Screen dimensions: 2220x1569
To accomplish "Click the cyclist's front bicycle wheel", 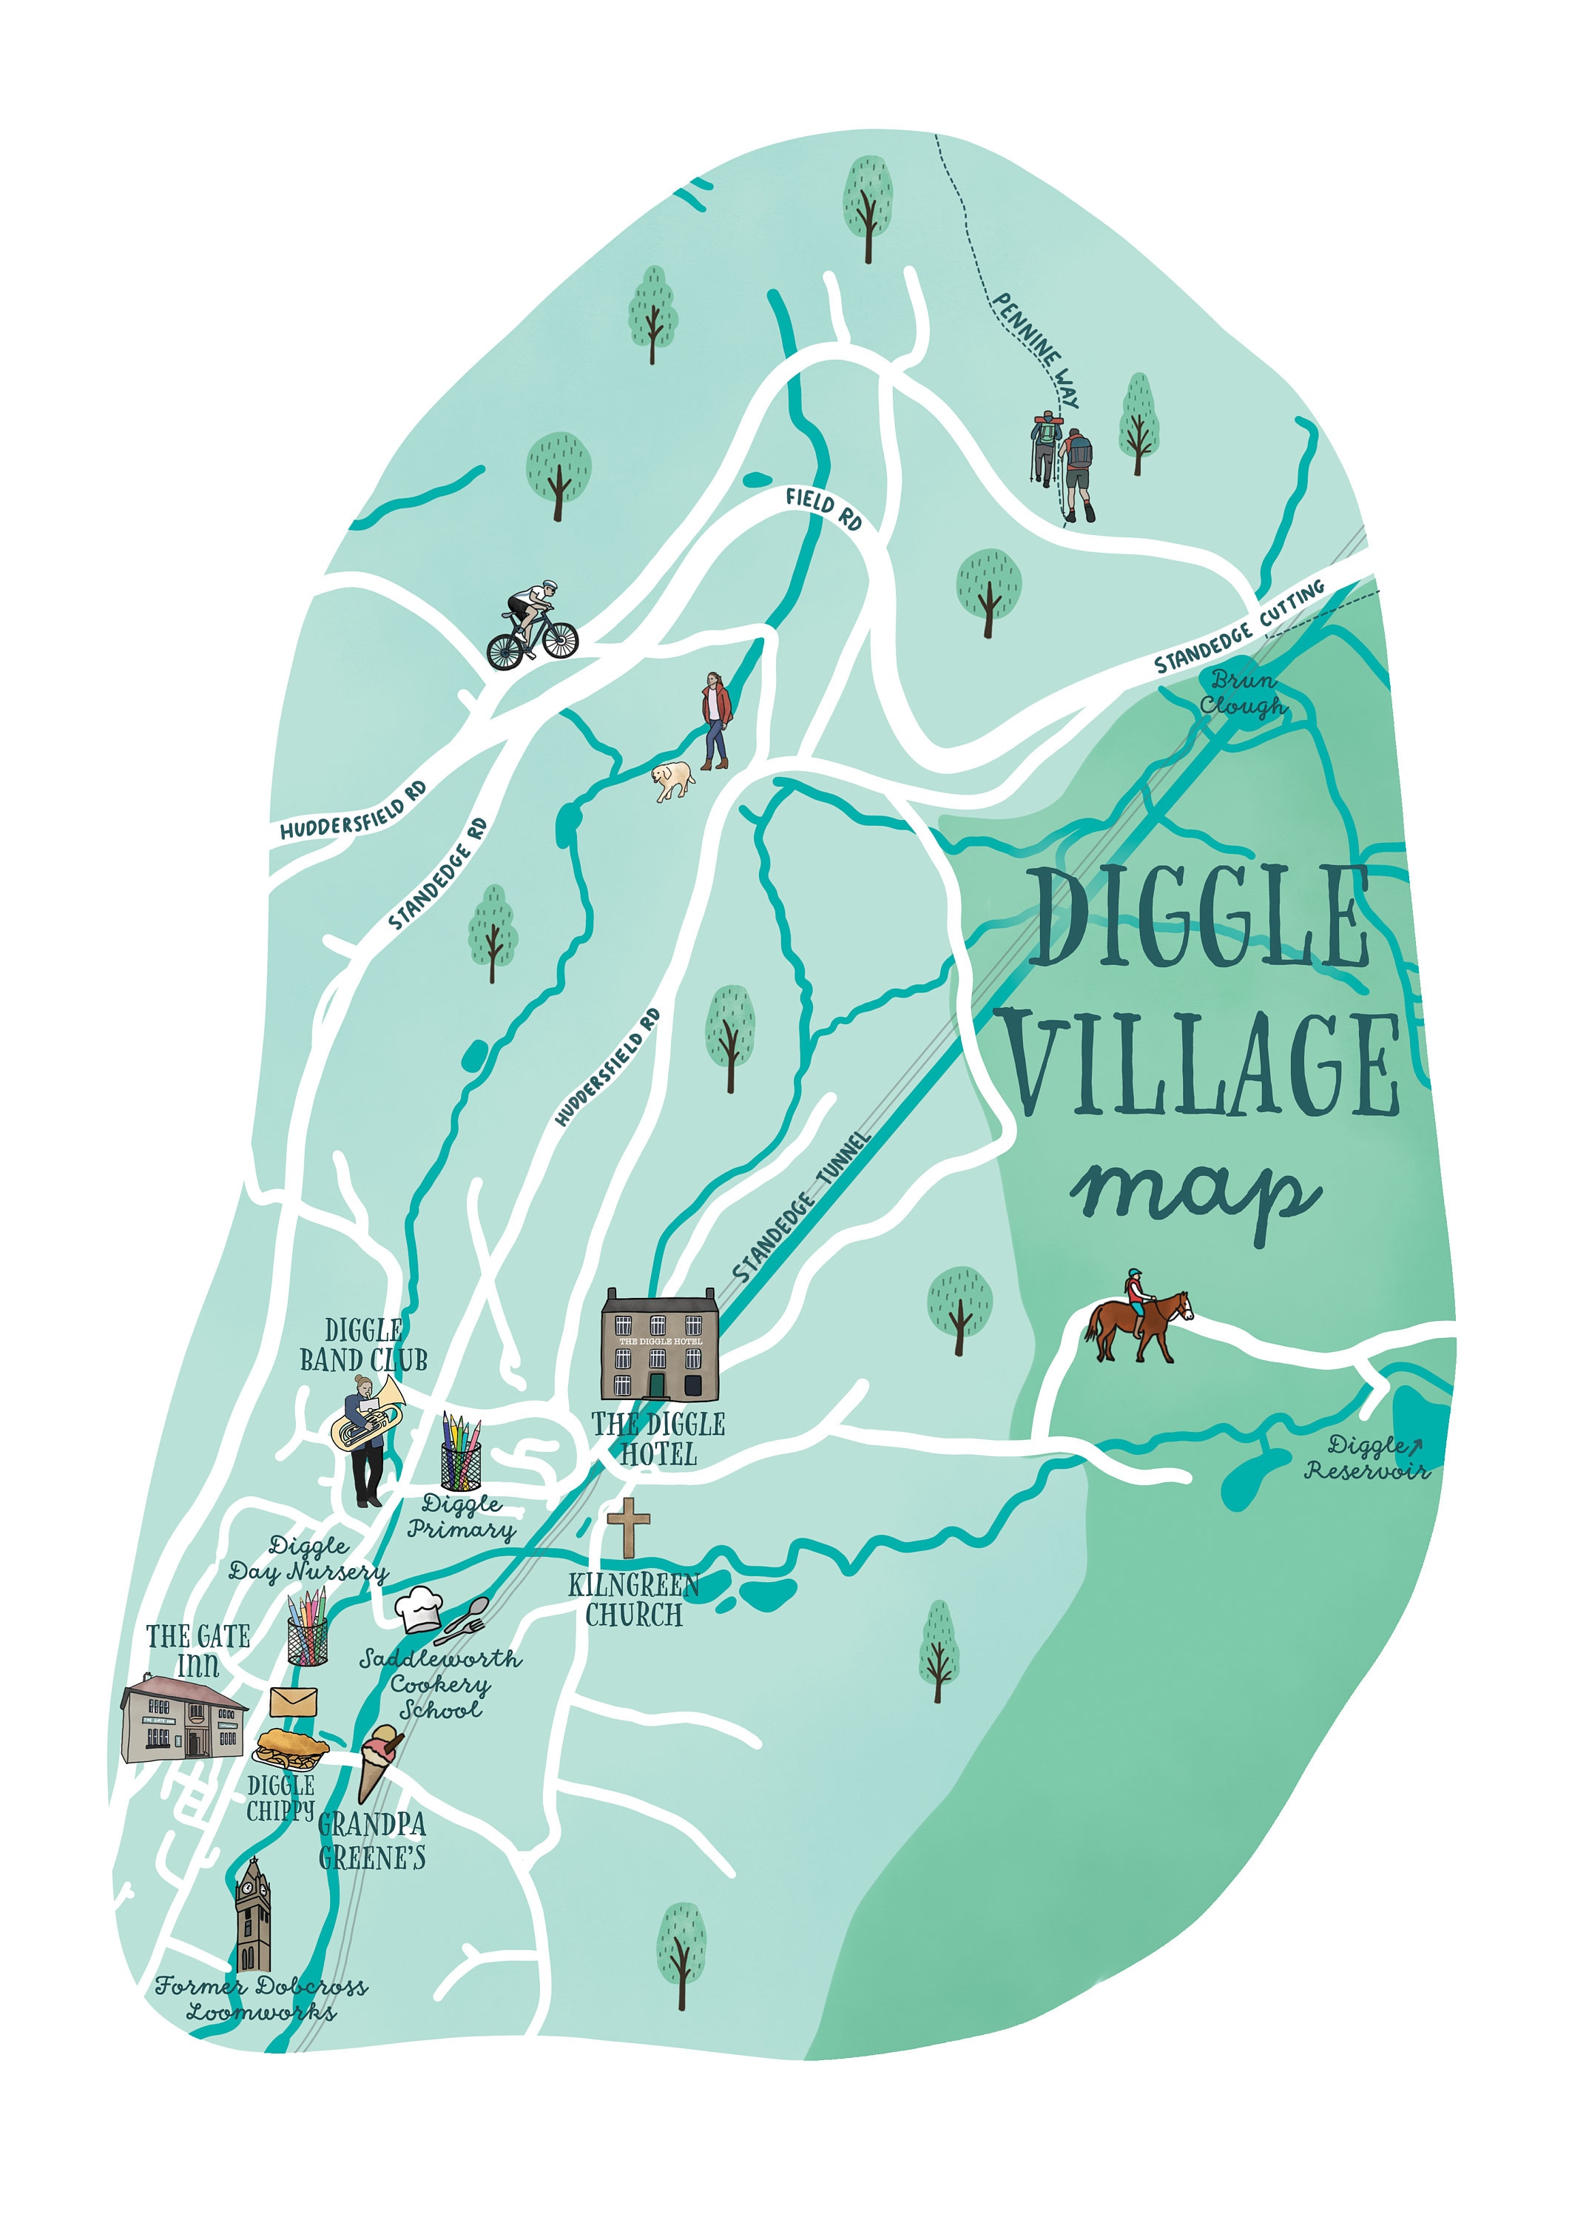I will (x=559, y=638).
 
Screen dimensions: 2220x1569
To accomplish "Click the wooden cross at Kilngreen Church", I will (x=628, y=1527).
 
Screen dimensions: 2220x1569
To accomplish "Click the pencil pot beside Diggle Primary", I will (x=461, y=1453).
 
